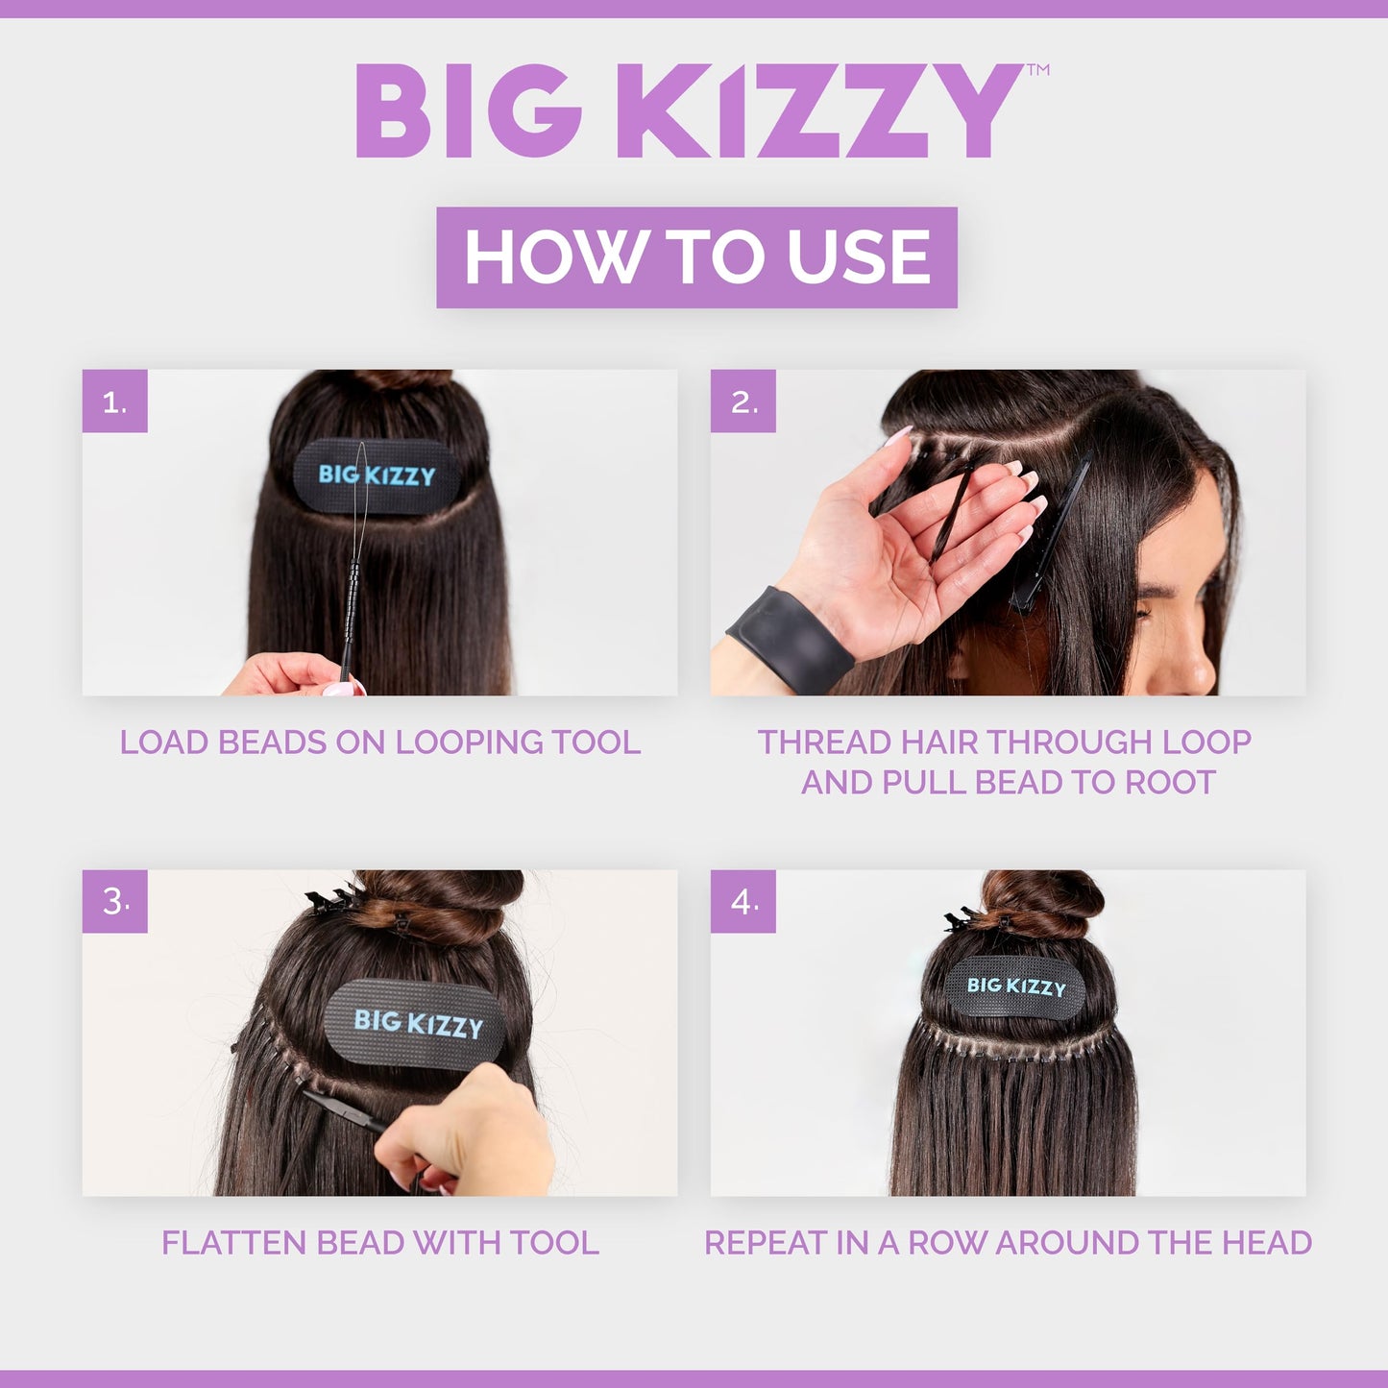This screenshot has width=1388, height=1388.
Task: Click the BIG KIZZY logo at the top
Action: (688, 110)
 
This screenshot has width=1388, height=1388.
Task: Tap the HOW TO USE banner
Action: (696, 257)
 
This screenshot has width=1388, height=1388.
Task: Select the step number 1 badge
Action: (114, 402)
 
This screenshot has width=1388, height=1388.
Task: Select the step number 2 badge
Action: (743, 402)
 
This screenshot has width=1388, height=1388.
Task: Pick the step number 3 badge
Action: (114, 902)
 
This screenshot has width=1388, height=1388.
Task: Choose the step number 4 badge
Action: (743, 902)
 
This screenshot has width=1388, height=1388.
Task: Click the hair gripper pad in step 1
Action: (377, 475)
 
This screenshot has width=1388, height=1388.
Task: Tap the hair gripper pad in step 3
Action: (417, 1023)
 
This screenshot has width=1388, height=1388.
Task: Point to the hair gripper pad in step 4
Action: (1016, 986)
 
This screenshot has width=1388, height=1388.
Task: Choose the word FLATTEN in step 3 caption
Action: (234, 1243)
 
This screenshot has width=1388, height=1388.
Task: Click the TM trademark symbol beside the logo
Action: (1037, 70)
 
